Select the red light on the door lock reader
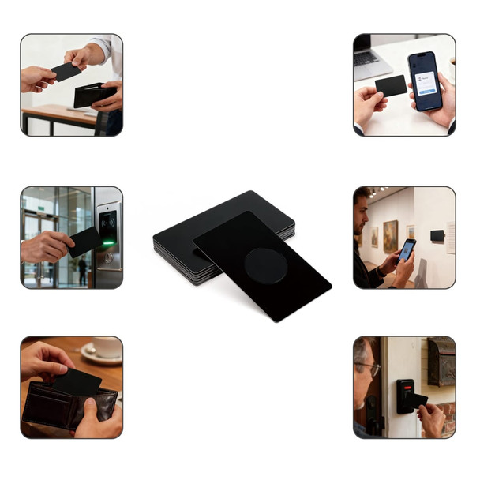point(407,388)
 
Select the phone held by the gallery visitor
point(406,250)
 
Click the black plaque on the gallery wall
point(437,235)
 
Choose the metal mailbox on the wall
point(441,362)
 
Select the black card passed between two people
point(65,72)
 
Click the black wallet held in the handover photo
point(93,96)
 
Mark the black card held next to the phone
point(390,85)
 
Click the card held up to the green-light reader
point(84,242)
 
